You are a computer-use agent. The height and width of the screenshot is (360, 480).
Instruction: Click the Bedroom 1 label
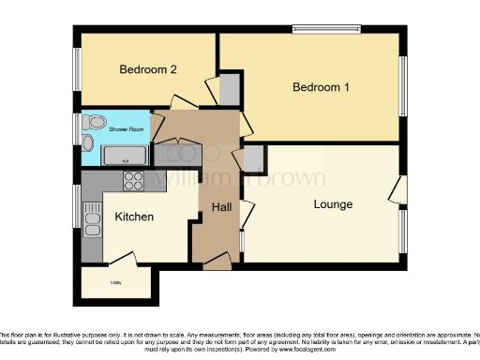(321, 87)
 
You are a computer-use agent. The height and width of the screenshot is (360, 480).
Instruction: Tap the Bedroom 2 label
(148, 69)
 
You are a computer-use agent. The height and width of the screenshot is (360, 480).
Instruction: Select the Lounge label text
(333, 203)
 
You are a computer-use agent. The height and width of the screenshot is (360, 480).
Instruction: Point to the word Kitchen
(134, 217)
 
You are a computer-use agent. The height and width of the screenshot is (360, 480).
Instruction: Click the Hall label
(221, 206)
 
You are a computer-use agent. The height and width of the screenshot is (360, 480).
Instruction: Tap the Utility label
(116, 280)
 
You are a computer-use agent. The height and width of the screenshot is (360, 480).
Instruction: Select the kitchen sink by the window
(92, 223)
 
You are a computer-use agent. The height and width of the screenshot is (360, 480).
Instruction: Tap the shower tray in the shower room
(125, 155)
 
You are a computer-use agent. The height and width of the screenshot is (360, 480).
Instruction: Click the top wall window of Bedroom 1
(326, 29)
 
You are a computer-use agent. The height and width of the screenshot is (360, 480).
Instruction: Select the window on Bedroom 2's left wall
(78, 68)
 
